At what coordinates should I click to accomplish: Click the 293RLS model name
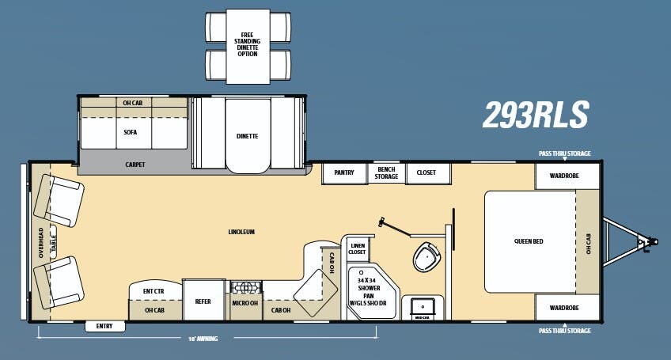click(536, 116)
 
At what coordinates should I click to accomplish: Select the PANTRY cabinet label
click(343, 172)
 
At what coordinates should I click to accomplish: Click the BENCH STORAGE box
click(386, 172)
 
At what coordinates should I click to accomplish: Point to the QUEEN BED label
click(529, 241)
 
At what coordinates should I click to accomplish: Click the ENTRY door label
click(104, 326)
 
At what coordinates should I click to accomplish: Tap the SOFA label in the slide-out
click(131, 133)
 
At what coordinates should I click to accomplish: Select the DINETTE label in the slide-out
click(247, 136)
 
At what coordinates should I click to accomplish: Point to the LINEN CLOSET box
click(357, 248)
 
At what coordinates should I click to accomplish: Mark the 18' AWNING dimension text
click(203, 339)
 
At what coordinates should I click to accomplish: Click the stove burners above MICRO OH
click(245, 288)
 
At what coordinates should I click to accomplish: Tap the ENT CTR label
click(154, 292)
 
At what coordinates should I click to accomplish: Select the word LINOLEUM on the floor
click(241, 232)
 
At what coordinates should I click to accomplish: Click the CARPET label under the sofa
click(135, 165)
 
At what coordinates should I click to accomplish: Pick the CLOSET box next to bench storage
click(427, 172)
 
